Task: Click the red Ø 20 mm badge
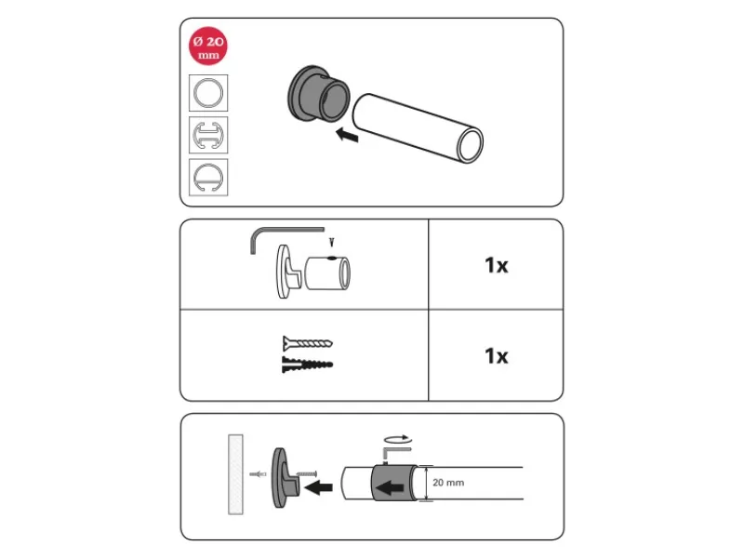tap(207, 46)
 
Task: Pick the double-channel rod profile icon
tap(208, 135)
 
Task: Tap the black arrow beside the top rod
tap(347, 135)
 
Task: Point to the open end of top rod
tap(470, 145)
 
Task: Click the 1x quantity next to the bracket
tap(497, 265)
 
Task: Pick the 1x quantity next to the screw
tap(497, 355)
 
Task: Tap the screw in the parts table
tap(308, 342)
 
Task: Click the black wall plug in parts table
tap(308, 365)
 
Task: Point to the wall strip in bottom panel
tap(236, 474)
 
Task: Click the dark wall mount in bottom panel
tap(286, 477)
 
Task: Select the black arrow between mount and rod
tap(318, 486)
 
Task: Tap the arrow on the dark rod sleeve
tap(390, 487)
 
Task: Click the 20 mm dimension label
tap(448, 483)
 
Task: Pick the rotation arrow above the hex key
tap(398, 437)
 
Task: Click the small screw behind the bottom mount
tap(306, 473)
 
